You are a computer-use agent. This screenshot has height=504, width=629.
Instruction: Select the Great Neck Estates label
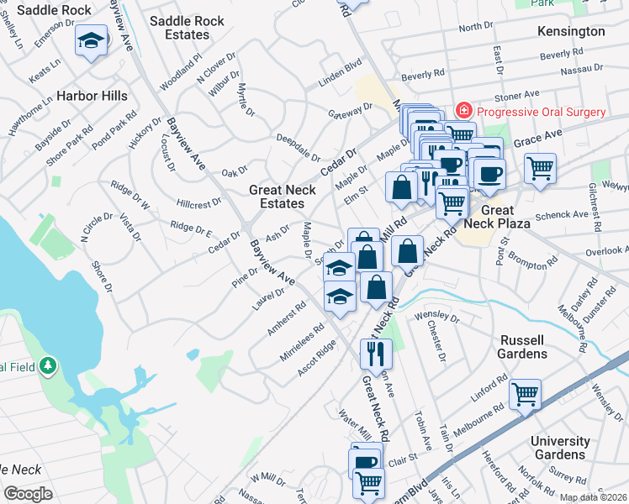click(283, 197)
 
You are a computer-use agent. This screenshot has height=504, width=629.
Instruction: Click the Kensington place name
click(571, 31)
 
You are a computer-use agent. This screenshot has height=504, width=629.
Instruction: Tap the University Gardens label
click(561, 448)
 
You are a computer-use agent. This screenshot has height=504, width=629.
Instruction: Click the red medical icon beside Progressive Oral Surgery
click(462, 111)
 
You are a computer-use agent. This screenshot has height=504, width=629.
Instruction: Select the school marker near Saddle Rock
click(91, 41)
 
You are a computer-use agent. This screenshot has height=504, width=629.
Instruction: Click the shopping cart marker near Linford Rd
click(525, 393)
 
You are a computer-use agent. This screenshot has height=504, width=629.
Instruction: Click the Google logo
click(28, 494)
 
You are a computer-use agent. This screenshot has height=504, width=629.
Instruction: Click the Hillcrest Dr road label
click(198, 203)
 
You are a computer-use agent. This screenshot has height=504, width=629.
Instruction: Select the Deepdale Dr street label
click(298, 145)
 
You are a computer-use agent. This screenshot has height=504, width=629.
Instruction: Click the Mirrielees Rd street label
click(304, 343)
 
